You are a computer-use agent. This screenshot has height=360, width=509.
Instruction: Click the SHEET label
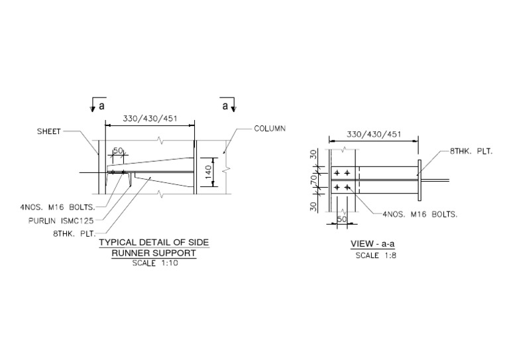tap(48, 131)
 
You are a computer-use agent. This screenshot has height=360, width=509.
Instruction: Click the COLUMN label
tap(270, 129)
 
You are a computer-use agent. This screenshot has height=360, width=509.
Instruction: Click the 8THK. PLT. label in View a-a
tap(471, 152)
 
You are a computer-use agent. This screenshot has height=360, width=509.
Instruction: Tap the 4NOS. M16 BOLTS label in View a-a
tap(421, 214)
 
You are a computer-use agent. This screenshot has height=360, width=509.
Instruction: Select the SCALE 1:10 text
tap(154, 262)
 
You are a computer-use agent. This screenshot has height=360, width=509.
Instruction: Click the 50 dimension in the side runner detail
tap(117, 151)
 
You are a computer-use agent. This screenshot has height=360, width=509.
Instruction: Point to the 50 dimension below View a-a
tap(343, 218)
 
